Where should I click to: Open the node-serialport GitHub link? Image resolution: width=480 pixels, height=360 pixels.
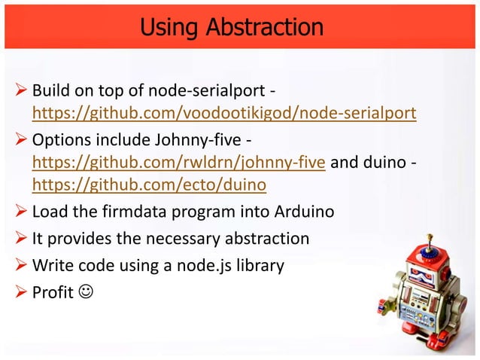[x=223, y=114]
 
